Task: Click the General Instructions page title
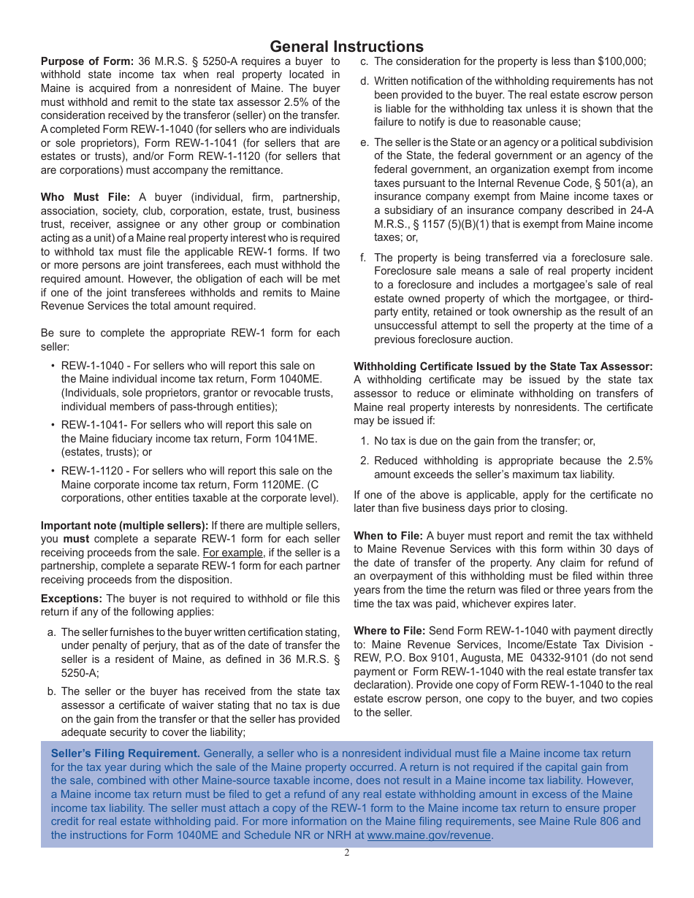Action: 346,47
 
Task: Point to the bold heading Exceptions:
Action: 71,599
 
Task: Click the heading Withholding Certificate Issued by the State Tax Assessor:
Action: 503,367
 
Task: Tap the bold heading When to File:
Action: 388,536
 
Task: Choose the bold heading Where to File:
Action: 389,631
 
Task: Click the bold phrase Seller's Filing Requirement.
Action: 125,753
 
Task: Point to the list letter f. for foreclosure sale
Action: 364,257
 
